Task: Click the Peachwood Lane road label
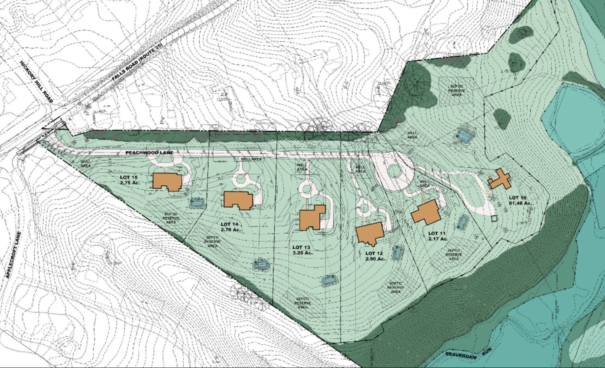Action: click(149, 153)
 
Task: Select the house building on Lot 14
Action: click(238, 200)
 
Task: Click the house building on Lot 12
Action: click(370, 233)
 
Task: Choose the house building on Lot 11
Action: click(425, 212)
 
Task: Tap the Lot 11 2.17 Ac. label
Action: click(438, 236)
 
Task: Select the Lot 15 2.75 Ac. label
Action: click(130, 180)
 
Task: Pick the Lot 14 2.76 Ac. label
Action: click(230, 227)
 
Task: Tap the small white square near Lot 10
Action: click(494, 219)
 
